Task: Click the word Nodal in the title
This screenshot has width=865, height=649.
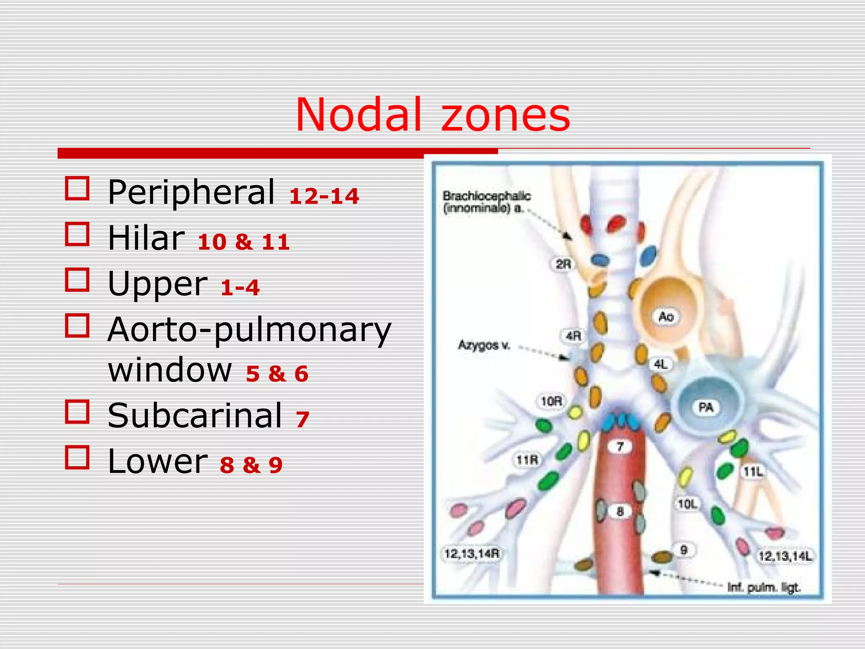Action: [359, 115]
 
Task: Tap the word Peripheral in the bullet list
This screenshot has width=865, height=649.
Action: [191, 192]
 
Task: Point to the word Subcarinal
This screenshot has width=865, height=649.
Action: [195, 415]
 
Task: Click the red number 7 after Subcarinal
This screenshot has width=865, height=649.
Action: [302, 420]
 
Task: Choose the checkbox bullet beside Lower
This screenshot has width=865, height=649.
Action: [77, 457]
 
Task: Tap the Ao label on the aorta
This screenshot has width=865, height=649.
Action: [666, 316]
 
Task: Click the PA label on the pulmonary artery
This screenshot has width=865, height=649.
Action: [706, 407]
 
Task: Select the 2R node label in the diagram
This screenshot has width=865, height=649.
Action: [563, 265]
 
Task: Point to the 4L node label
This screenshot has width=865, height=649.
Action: [661, 364]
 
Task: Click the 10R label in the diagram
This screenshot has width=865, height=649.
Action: [552, 401]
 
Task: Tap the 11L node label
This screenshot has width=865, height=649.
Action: [753, 472]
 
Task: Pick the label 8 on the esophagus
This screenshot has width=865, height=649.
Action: [620, 512]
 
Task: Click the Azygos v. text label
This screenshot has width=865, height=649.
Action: [484, 346]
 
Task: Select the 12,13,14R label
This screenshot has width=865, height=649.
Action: [472, 554]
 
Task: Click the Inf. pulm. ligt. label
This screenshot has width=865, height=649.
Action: [764, 587]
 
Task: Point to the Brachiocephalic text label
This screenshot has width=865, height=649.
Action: [487, 196]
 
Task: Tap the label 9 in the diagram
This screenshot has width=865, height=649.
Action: [684, 550]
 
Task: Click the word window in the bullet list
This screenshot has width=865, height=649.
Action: [170, 369]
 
